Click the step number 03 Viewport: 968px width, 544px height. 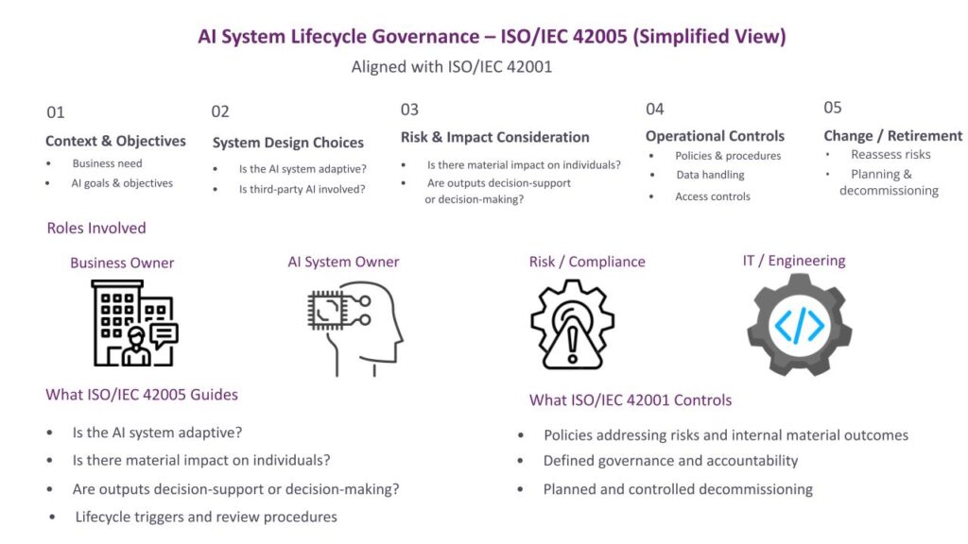(x=409, y=110)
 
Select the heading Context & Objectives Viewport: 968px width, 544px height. (x=115, y=141)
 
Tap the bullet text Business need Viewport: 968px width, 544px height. (x=108, y=163)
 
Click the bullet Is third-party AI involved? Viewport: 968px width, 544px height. (x=302, y=189)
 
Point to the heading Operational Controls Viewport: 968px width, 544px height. (x=715, y=136)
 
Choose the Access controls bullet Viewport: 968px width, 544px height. (x=713, y=196)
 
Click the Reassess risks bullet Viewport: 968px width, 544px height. (x=890, y=154)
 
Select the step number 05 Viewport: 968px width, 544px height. (x=832, y=108)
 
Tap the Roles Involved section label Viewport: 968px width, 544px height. (x=96, y=228)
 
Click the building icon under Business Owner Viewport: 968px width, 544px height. (x=134, y=323)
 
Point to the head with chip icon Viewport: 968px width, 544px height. (x=355, y=328)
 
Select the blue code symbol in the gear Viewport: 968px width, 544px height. (x=800, y=325)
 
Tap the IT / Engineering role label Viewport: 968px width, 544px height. (x=794, y=261)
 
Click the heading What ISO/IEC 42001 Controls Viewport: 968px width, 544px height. (x=631, y=400)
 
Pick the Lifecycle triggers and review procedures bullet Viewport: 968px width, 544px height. (x=206, y=517)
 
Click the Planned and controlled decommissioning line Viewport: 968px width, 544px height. (x=678, y=489)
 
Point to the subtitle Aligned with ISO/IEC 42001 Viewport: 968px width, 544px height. (x=451, y=67)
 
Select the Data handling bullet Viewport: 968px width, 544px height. (x=710, y=175)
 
